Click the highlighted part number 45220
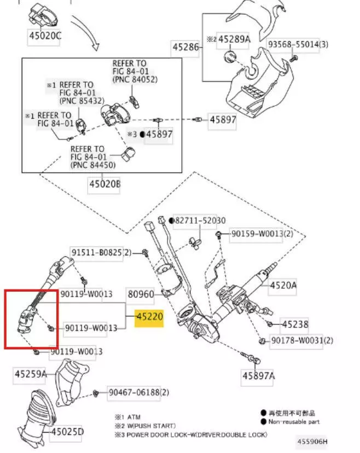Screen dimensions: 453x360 (x=149, y=317)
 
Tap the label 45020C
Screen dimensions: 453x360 (x=45, y=36)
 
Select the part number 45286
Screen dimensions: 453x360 (x=185, y=47)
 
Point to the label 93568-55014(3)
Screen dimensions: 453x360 (x=298, y=43)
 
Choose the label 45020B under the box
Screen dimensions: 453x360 (x=104, y=184)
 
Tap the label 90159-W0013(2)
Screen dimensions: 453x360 (x=262, y=234)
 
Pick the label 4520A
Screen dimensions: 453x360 (x=283, y=284)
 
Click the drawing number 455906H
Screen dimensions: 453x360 (x=313, y=441)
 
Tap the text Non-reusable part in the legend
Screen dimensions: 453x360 (x=294, y=422)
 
